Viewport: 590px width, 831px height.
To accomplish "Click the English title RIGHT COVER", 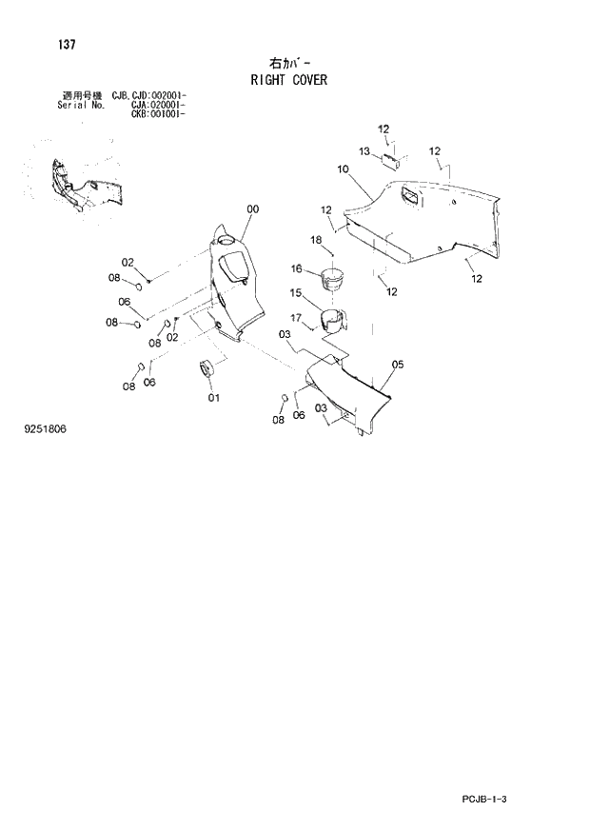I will pos(288,80).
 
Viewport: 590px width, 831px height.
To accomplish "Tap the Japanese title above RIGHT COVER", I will pos(290,64).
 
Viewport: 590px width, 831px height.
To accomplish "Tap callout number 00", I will pos(252,209).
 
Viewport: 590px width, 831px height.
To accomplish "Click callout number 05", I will pos(398,364).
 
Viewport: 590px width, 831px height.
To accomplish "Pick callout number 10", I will pos(343,168).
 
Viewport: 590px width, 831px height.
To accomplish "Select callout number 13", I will pos(364,150).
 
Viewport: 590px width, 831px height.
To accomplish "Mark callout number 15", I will pos(296,292).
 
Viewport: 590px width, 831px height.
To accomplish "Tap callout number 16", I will pos(296,269).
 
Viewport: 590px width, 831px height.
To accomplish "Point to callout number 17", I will pos(296,317).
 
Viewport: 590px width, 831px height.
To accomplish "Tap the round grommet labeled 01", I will pos(206,368).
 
